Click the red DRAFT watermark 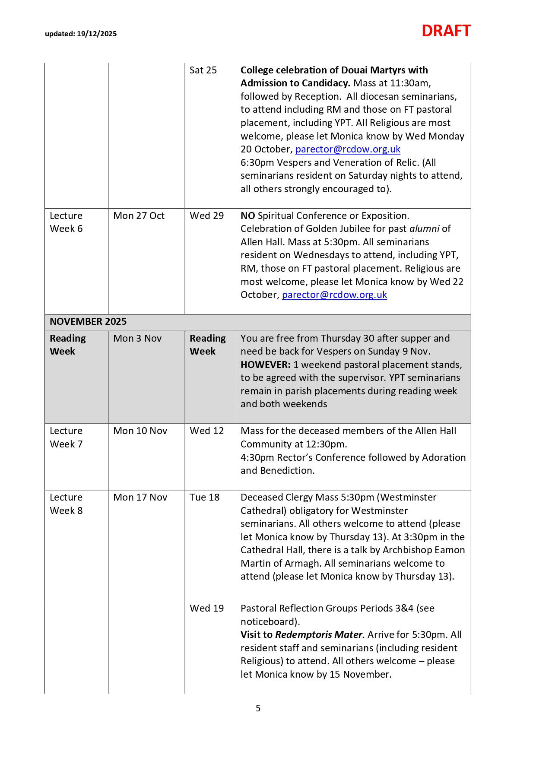[446, 31]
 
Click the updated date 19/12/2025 [97, 34]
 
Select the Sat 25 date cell [203, 70]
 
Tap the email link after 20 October [348, 149]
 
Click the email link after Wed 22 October [334, 295]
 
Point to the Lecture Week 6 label [66, 222]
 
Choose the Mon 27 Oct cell [139, 216]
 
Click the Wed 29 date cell [206, 216]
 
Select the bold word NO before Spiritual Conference [247, 216]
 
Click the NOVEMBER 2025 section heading [88, 321]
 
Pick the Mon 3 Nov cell [137, 338]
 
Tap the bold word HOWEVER [265, 365]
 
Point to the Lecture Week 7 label [66, 437]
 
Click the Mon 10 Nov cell [140, 431]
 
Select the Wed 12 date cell [206, 431]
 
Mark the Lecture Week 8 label [66, 504]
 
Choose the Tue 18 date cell [204, 497]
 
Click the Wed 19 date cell [206, 608]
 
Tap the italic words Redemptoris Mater [320, 635]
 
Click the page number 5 [258, 708]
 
